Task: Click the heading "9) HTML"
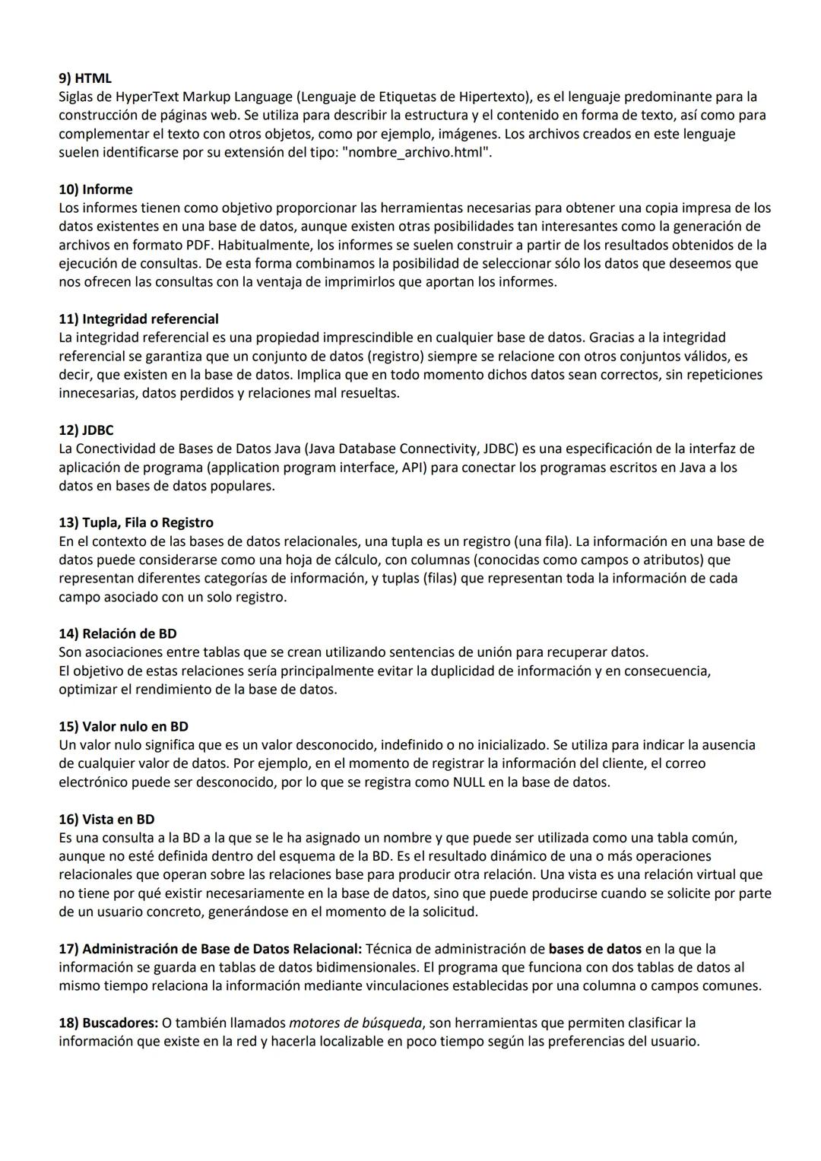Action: tap(85, 78)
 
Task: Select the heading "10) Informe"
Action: tap(96, 189)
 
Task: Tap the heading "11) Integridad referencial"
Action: tap(138, 319)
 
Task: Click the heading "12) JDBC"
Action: tap(86, 430)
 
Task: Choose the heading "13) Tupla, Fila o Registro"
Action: tap(136, 523)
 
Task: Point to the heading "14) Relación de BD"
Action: tap(118, 634)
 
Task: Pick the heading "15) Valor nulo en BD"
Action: tap(123, 727)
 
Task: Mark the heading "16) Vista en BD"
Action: tap(106, 820)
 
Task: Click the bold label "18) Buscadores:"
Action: tap(109, 1023)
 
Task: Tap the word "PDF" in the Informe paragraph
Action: tap(198, 245)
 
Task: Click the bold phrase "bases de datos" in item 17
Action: tap(594, 949)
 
